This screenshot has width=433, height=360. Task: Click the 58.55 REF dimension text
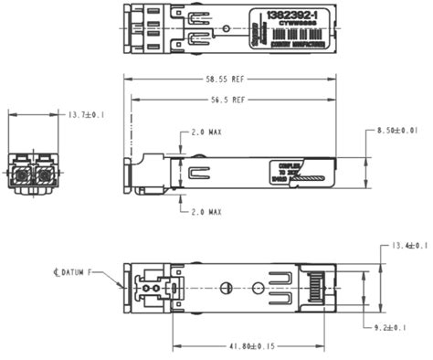pyautogui.click(x=224, y=80)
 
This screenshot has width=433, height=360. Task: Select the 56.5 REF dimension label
pyautogui.click(x=225, y=99)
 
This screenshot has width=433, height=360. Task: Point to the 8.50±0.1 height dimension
pyautogui.click(x=397, y=132)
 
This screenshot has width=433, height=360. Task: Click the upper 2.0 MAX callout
pyautogui.click(x=206, y=133)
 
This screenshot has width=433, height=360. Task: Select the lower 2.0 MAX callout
pyautogui.click(x=206, y=211)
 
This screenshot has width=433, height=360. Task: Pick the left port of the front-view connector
pyautogui.click(x=21, y=171)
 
